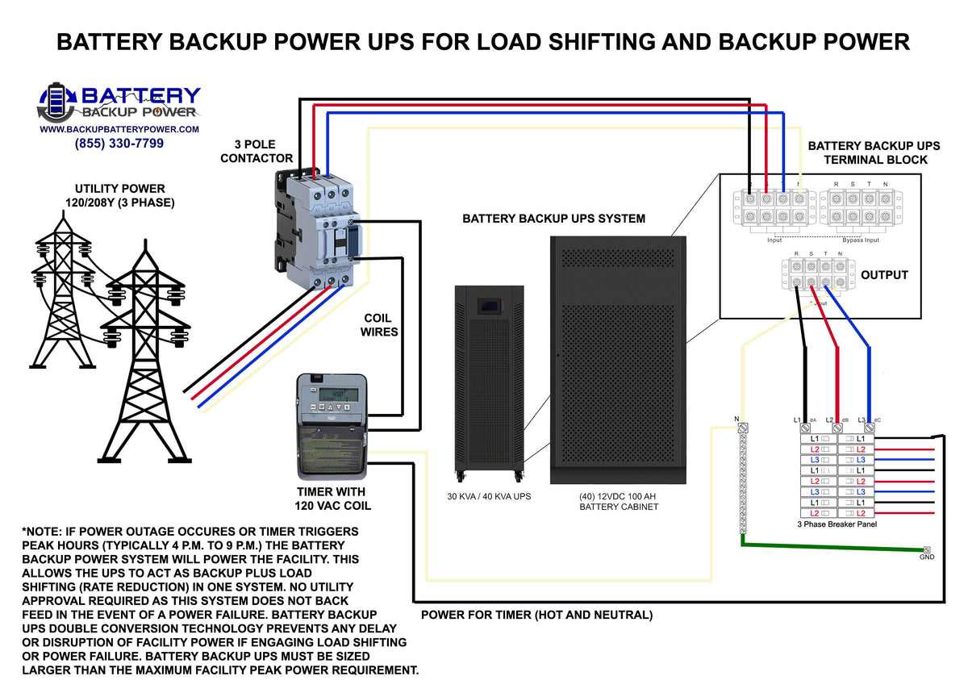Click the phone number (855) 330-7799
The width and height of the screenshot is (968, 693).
pos(119,144)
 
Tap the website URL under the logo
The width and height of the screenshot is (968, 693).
pos(119,129)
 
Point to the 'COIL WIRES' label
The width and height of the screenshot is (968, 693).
pos(378,324)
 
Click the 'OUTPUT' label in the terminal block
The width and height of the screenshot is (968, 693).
pos(884,275)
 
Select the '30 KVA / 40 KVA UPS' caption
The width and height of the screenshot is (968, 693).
pos(489,496)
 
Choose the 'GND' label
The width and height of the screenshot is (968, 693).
pos(927,557)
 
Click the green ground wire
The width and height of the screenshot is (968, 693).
pos(831,548)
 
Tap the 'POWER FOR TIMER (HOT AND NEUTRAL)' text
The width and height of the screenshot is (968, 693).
pos(537,616)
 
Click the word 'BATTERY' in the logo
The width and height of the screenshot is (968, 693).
pos(142,96)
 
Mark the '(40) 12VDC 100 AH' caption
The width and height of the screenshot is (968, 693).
pos(619,496)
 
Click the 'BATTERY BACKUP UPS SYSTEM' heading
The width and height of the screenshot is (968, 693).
pos(553,219)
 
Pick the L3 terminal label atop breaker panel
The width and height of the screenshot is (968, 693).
pos(862,420)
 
